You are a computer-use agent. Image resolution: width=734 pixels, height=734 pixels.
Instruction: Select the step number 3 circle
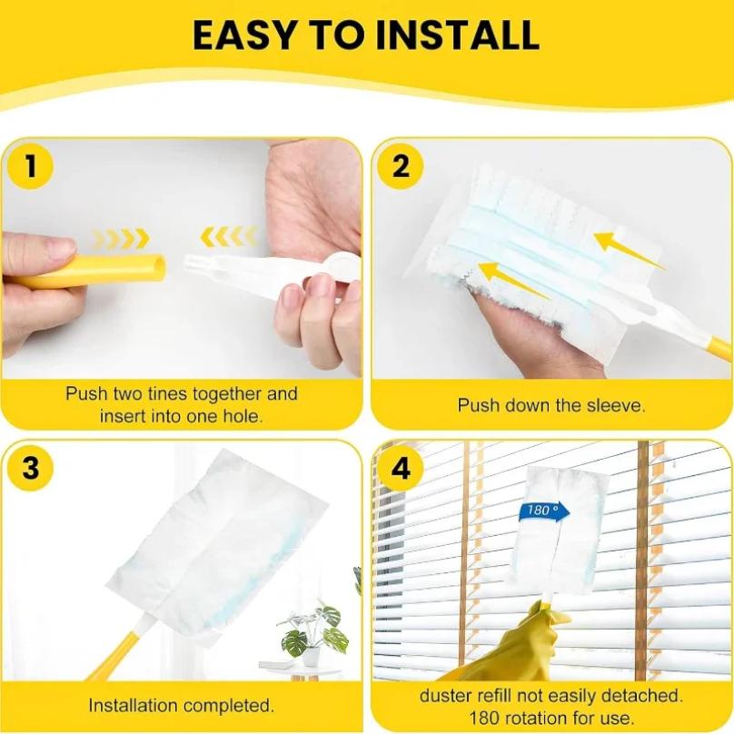[x=31, y=468]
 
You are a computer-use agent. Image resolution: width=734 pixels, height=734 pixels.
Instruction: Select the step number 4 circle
[x=401, y=469]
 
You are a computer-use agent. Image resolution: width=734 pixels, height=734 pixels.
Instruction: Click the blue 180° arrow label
[x=544, y=511]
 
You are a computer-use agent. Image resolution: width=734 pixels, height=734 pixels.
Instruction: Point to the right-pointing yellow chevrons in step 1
[x=121, y=239]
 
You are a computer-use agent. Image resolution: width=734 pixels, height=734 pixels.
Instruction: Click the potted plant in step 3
[x=308, y=632]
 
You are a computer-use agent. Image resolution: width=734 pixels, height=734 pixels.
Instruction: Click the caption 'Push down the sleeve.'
[x=551, y=405]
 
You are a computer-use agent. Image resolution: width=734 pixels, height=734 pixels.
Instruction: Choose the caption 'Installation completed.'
[x=182, y=705]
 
